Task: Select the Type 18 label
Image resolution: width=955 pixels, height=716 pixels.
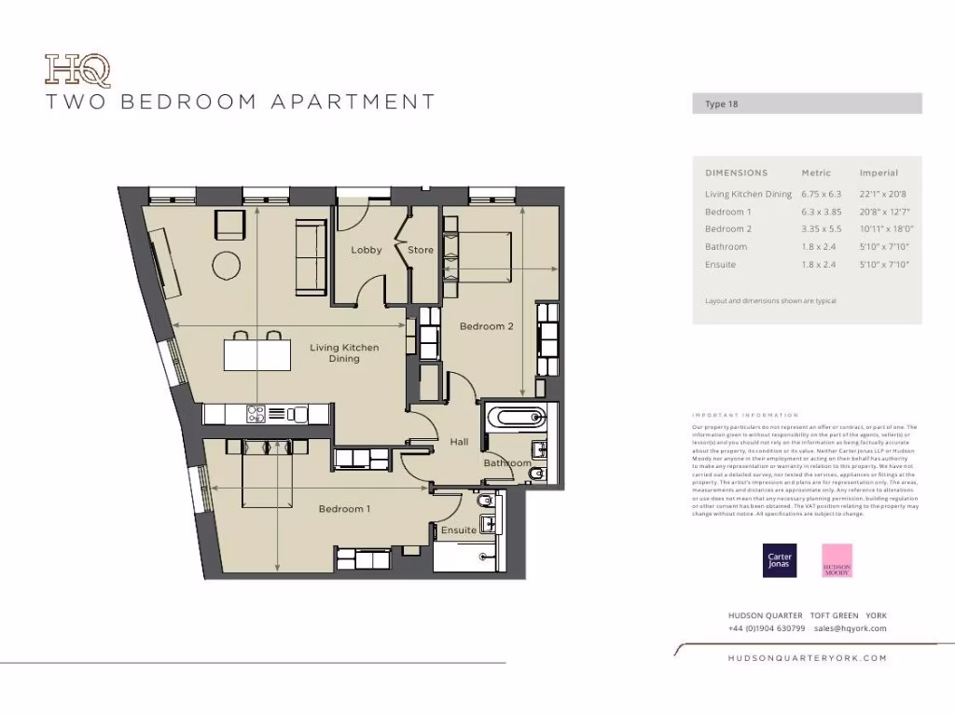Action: click(722, 104)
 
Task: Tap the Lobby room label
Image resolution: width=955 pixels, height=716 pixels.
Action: click(367, 250)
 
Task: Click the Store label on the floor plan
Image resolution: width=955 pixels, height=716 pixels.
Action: click(421, 250)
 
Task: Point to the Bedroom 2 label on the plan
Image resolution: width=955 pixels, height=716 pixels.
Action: click(487, 326)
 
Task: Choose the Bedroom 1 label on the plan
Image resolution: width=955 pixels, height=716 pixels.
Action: click(344, 509)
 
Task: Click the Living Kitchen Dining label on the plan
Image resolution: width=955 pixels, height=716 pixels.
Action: click(344, 352)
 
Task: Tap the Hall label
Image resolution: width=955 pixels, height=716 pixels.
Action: click(459, 442)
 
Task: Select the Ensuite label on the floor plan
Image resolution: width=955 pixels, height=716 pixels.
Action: click(459, 530)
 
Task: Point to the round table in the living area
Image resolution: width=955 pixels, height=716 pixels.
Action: click(228, 266)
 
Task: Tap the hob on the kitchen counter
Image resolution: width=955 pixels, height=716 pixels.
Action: click(256, 413)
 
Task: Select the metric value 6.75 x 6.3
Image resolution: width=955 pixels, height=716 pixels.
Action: click(821, 194)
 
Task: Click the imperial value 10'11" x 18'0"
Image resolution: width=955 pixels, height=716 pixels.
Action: click(886, 229)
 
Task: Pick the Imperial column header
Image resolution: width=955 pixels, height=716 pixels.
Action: click(879, 172)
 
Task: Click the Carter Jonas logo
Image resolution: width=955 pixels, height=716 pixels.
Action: click(780, 560)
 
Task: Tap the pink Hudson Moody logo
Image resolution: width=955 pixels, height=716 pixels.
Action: click(837, 560)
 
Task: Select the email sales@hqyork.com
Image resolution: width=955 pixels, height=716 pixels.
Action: click(850, 628)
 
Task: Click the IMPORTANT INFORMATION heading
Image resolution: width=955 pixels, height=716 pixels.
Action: click(745, 415)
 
